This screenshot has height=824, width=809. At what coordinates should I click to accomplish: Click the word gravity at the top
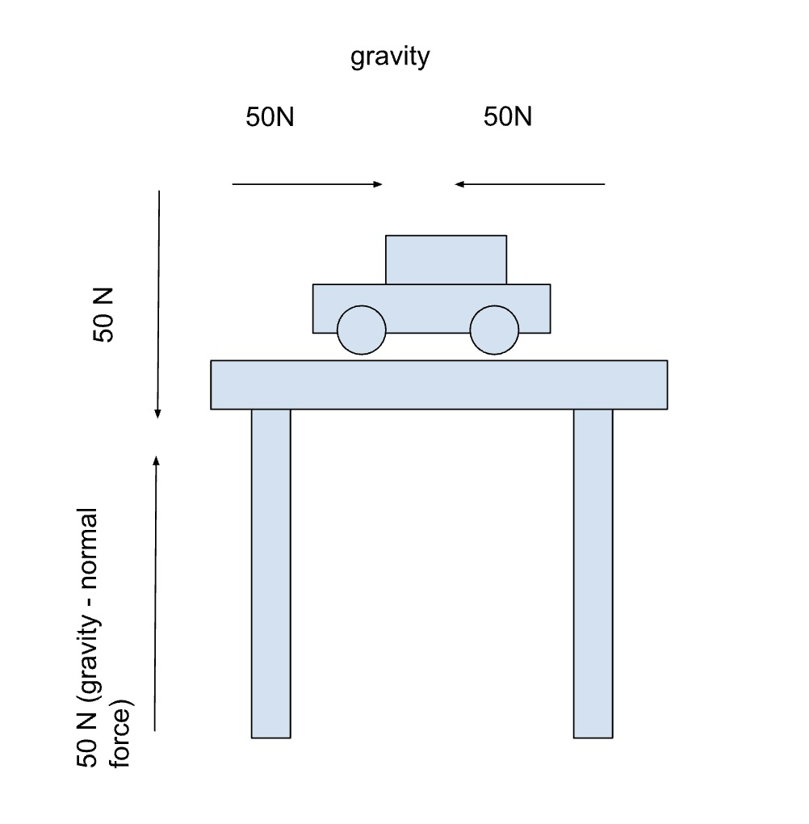pyautogui.click(x=390, y=59)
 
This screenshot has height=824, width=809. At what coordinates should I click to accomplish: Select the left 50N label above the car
pyautogui.click(x=270, y=117)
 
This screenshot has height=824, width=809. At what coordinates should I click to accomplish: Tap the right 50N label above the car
pyautogui.click(x=508, y=117)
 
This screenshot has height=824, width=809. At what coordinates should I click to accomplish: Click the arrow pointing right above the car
pyautogui.click(x=307, y=185)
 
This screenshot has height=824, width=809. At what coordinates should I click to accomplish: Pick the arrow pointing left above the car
pyautogui.click(x=530, y=185)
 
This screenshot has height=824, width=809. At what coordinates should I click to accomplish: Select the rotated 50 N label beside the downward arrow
pyautogui.click(x=104, y=313)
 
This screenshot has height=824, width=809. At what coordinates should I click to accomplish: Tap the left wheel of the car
pyautogui.click(x=361, y=330)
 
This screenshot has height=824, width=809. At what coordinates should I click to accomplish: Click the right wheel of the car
pyautogui.click(x=494, y=330)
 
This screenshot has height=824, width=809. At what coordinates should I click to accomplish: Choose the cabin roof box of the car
pyautogui.click(x=446, y=259)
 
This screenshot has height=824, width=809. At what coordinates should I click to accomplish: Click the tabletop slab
pyautogui.click(x=438, y=385)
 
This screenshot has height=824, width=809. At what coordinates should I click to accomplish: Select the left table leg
pyautogui.click(x=270, y=573)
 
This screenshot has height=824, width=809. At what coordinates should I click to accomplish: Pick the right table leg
pyautogui.click(x=593, y=573)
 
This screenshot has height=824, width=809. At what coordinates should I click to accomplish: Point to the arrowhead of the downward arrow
pyautogui.click(x=158, y=414)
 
